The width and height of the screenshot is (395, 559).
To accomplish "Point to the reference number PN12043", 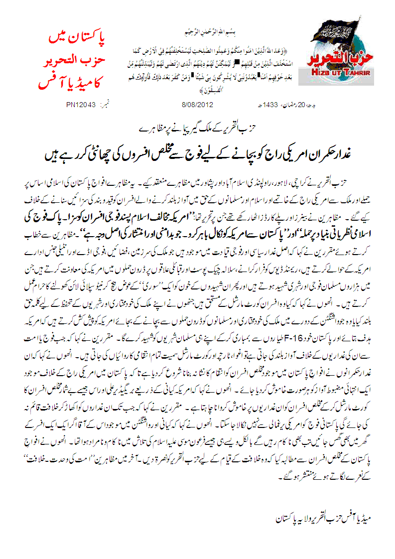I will click(81, 105).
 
